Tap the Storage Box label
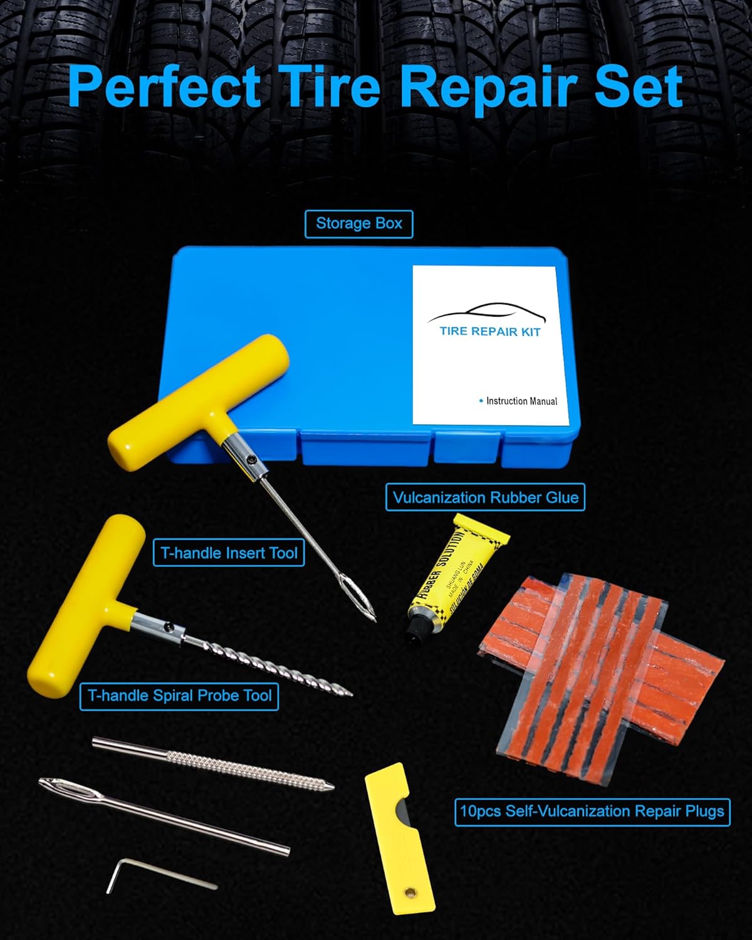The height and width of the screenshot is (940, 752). click(x=358, y=224)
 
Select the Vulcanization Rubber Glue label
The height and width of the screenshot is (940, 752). click(x=485, y=498)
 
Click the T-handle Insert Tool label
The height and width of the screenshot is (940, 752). click(x=229, y=553)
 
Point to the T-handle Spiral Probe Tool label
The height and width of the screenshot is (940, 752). click(x=179, y=696)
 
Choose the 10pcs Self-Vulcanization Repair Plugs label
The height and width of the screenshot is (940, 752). click(x=592, y=812)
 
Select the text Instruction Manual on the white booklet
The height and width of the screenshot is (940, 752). click(x=521, y=401)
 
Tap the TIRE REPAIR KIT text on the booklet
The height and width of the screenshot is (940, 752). click(x=489, y=332)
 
